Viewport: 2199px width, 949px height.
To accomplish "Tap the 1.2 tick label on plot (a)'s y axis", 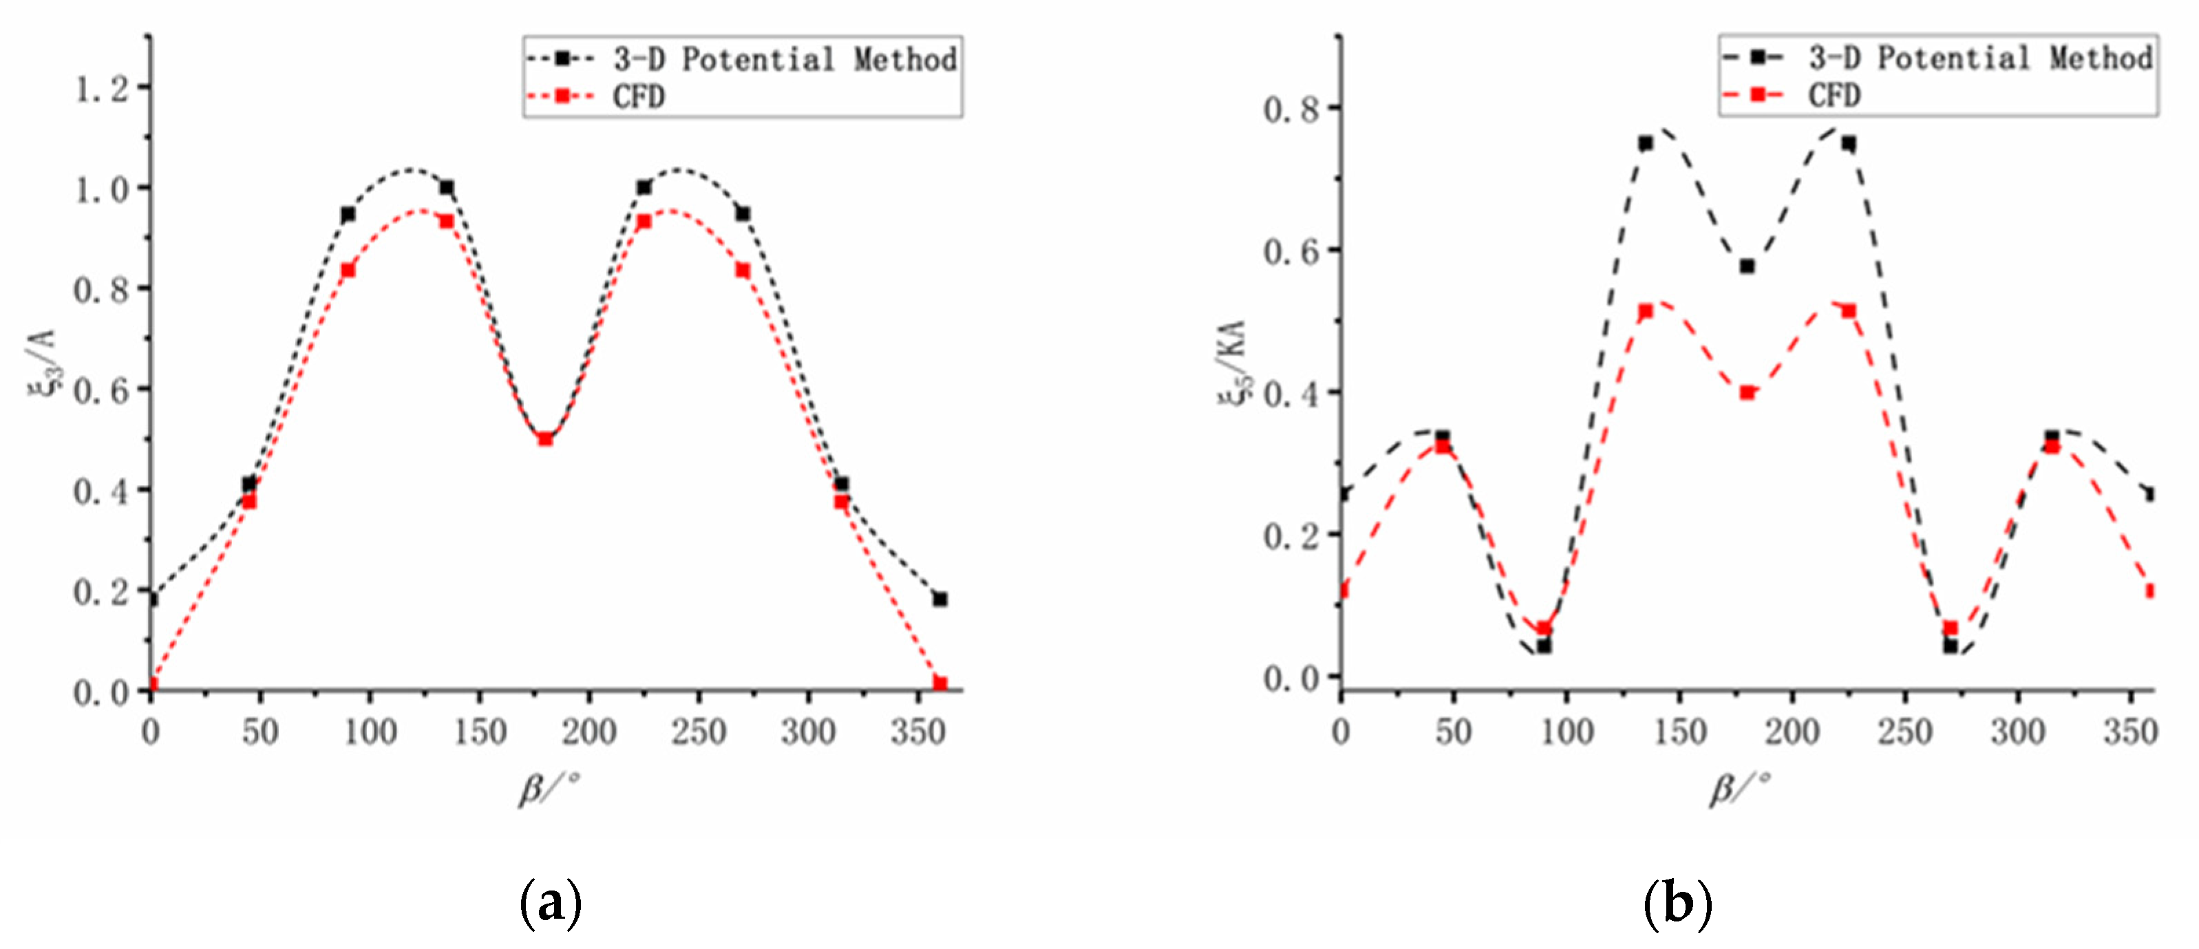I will (x=100, y=88).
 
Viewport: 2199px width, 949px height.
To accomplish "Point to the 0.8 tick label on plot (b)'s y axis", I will (x=1290, y=109).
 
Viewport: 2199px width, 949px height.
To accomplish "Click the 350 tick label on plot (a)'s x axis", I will (x=917, y=732).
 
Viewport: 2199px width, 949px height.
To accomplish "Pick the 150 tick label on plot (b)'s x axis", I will (x=1679, y=732).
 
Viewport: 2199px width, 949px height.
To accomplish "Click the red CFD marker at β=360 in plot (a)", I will (x=940, y=683).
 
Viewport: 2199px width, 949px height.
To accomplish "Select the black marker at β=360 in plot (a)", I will (x=940, y=599).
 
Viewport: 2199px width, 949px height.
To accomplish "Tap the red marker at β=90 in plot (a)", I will (x=348, y=270).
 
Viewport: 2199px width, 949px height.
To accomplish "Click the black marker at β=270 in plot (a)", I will (x=743, y=213).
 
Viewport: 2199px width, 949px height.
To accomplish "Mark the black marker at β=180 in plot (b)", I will (x=1747, y=266).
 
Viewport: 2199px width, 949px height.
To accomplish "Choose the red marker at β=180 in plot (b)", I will (x=1747, y=392).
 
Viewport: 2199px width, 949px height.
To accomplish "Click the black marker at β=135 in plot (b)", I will (x=1646, y=143).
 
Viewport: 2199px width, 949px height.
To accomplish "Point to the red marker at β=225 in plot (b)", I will (x=1849, y=310).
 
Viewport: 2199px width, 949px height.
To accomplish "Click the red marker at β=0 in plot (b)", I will (x=1343, y=590).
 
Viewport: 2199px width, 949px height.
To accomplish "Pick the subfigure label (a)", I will (x=551, y=903).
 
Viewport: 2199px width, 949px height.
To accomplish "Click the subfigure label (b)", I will (x=1677, y=903).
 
